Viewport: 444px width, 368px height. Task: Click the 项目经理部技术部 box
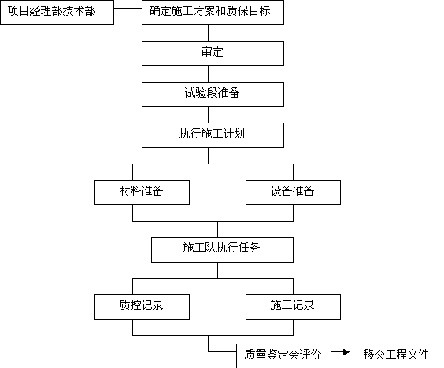[x=57, y=13]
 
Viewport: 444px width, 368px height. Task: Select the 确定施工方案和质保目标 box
[x=213, y=13]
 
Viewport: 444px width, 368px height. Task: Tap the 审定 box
[x=213, y=53]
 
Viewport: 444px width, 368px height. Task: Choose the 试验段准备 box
[x=213, y=94]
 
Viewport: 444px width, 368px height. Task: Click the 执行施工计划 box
[x=213, y=135]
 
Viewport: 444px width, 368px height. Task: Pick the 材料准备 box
[x=142, y=193]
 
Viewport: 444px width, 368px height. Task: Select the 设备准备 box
[x=293, y=193]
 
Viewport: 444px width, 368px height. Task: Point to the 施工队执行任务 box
[x=222, y=250]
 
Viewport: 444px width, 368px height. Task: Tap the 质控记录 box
[x=142, y=307]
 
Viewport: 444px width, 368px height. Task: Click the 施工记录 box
[x=293, y=307]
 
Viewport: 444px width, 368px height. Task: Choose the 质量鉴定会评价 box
[x=283, y=356]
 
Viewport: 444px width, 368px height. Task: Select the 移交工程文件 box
[x=397, y=356]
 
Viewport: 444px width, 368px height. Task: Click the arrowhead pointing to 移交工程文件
[x=346, y=352]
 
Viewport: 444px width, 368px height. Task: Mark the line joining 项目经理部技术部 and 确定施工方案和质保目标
[x=128, y=8]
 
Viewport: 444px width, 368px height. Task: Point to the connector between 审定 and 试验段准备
[x=208, y=74]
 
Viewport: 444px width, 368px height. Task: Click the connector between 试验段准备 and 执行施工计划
[x=208, y=115]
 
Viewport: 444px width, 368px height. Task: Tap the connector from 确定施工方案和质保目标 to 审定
[x=208, y=33]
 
